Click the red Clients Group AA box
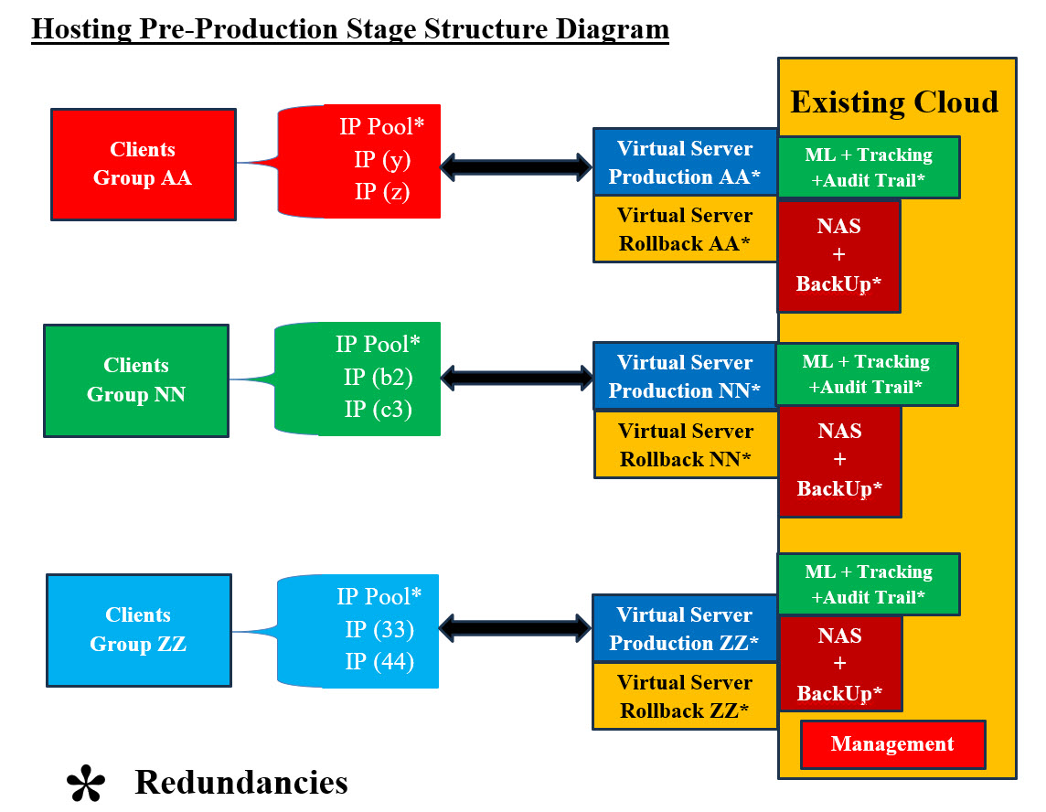143,165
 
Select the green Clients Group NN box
136,380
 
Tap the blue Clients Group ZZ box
138,630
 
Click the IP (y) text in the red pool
382,160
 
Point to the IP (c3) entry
378,409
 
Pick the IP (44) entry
379,661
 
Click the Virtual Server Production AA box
685,163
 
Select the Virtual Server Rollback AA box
685,230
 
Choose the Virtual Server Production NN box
685,376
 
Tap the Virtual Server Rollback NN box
686,444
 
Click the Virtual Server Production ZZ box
684,628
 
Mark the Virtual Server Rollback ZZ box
684,696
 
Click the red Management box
892,744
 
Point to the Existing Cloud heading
893,101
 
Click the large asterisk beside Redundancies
87,785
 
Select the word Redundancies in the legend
241,783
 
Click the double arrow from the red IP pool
517,166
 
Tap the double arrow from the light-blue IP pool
517,627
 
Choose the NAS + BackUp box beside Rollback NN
839,460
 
